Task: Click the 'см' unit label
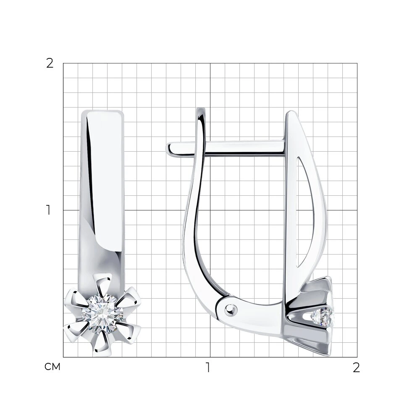pyautogui.click(x=52, y=367)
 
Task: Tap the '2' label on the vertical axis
pyautogui.click(x=50, y=63)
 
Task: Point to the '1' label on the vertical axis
pyautogui.click(x=48, y=210)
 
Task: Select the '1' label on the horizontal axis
pyautogui.click(x=208, y=367)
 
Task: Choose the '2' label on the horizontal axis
pyautogui.click(x=356, y=367)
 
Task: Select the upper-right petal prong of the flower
pyautogui.click(x=129, y=297)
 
